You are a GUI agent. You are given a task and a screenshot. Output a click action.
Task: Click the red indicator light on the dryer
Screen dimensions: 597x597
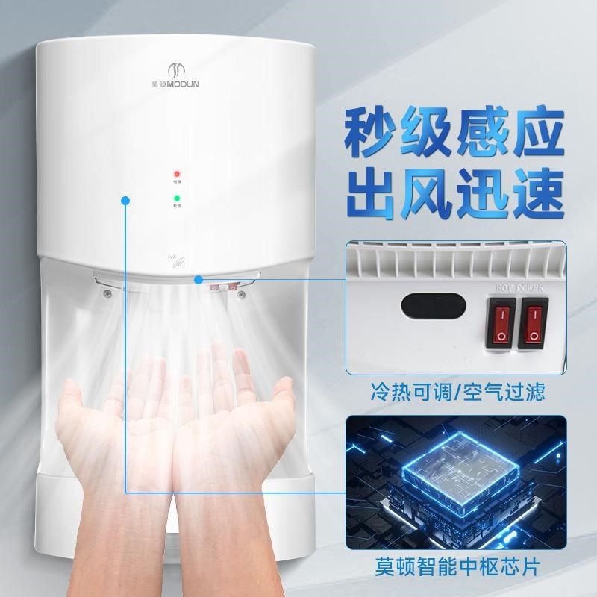pyautogui.click(x=178, y=172)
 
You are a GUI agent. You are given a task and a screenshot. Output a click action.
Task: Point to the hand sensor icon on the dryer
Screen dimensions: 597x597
pyautogui.click(x=176, y=262)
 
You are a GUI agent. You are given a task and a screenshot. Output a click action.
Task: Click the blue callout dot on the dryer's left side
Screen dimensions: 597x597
pyautogui.click(x=126, y=201)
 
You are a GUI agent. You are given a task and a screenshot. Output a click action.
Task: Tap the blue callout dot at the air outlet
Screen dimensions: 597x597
pyautogui.click(x=199, y=280)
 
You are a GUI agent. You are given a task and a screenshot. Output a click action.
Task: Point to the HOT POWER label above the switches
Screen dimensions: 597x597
pyautogui.click(x=524, y=285)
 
